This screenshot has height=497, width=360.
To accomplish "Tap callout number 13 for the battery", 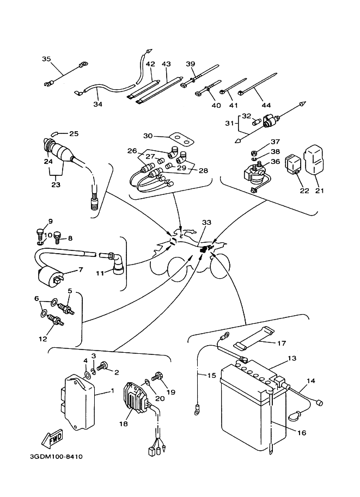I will point(292,358).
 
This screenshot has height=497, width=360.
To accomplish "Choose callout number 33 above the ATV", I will point(205,223).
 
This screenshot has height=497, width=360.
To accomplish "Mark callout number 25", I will point(74,133).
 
